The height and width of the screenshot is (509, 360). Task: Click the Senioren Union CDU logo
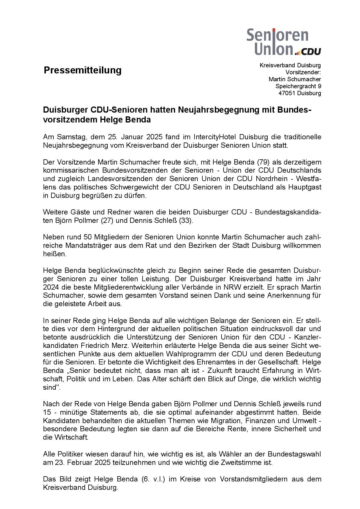tap(283, 42)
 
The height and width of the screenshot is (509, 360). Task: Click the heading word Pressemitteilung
tap(82, 70)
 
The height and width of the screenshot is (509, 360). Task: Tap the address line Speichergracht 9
tap(298, 86)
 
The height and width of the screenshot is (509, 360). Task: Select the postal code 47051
tap(286, 93)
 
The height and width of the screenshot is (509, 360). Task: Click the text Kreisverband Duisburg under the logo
tap(290, 65)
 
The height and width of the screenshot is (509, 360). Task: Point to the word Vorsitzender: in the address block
tap(303, 72)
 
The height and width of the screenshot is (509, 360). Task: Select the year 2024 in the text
tap(51, 287)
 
